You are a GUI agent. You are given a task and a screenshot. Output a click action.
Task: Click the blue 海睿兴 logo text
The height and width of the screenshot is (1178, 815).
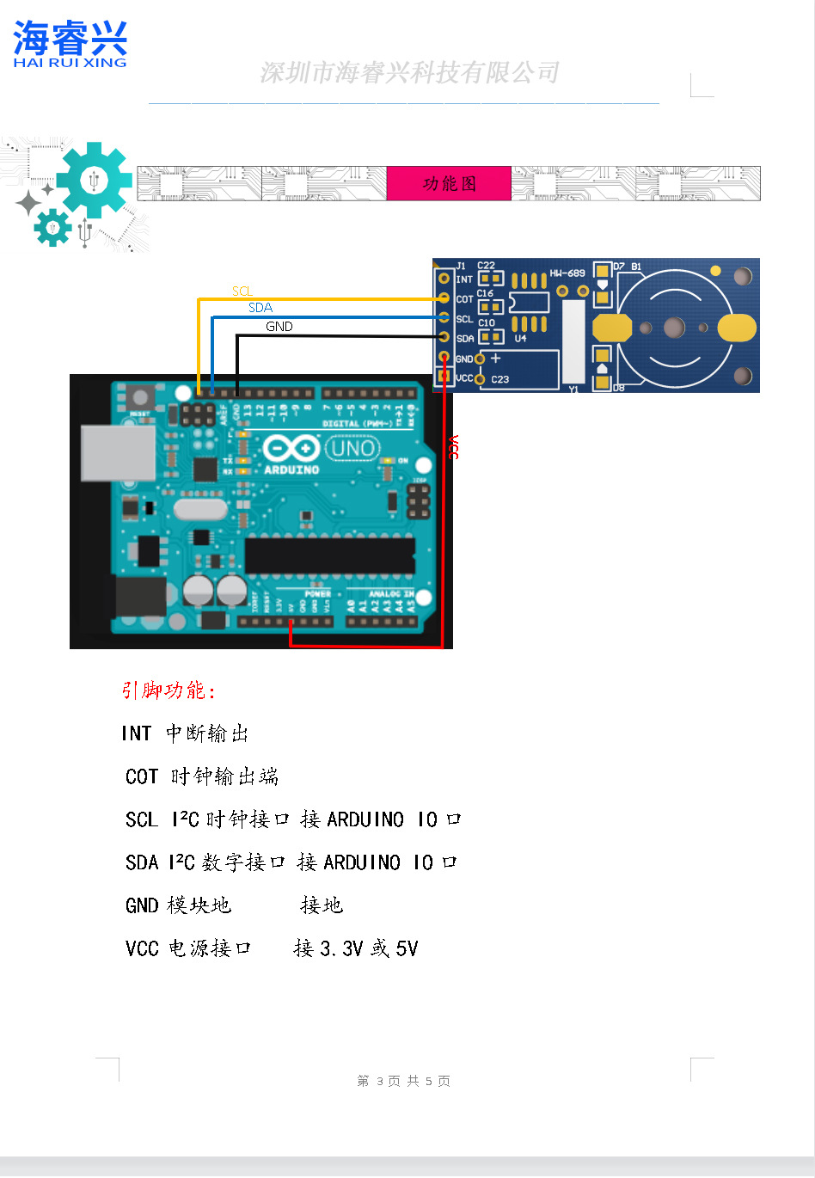click(70, 39)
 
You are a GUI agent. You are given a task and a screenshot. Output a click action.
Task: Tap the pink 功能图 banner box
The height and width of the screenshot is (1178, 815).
click(449, 183)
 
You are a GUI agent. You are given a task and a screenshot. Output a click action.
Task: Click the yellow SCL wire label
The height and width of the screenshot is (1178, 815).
click(242, 291)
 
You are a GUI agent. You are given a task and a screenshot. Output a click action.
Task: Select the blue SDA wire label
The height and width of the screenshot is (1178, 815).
click(260, 308)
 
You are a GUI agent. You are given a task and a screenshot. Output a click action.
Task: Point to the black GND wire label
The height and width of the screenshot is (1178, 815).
click(279, 327)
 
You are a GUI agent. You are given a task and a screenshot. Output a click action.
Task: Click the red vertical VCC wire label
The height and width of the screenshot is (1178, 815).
click(452, 447)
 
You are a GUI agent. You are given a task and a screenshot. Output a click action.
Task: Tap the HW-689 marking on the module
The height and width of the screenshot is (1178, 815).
click(567, 273)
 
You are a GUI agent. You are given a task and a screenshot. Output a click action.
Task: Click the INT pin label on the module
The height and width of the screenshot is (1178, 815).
click(464, 279)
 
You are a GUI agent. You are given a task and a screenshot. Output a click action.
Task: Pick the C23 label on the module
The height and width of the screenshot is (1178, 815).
click(499, 379)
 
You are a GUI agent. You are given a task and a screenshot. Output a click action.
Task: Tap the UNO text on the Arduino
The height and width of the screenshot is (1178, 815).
click(352, 448)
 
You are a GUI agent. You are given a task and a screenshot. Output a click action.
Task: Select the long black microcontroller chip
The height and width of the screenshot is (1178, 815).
click(329, 555)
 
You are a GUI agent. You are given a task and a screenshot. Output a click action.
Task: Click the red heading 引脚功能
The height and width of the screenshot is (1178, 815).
click(168, 690)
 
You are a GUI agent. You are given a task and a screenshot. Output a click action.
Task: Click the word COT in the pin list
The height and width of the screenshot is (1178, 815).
click(142, 776)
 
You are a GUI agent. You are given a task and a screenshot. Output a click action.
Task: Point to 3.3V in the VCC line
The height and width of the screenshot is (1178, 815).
click(341, 948)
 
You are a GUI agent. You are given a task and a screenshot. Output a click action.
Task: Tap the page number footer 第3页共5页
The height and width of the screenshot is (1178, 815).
click(403, 1081)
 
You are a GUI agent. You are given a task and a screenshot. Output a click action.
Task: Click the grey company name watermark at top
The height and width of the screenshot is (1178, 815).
click(409, 73)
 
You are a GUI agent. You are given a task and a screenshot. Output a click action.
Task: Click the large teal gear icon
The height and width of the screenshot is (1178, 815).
click(93, 181)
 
